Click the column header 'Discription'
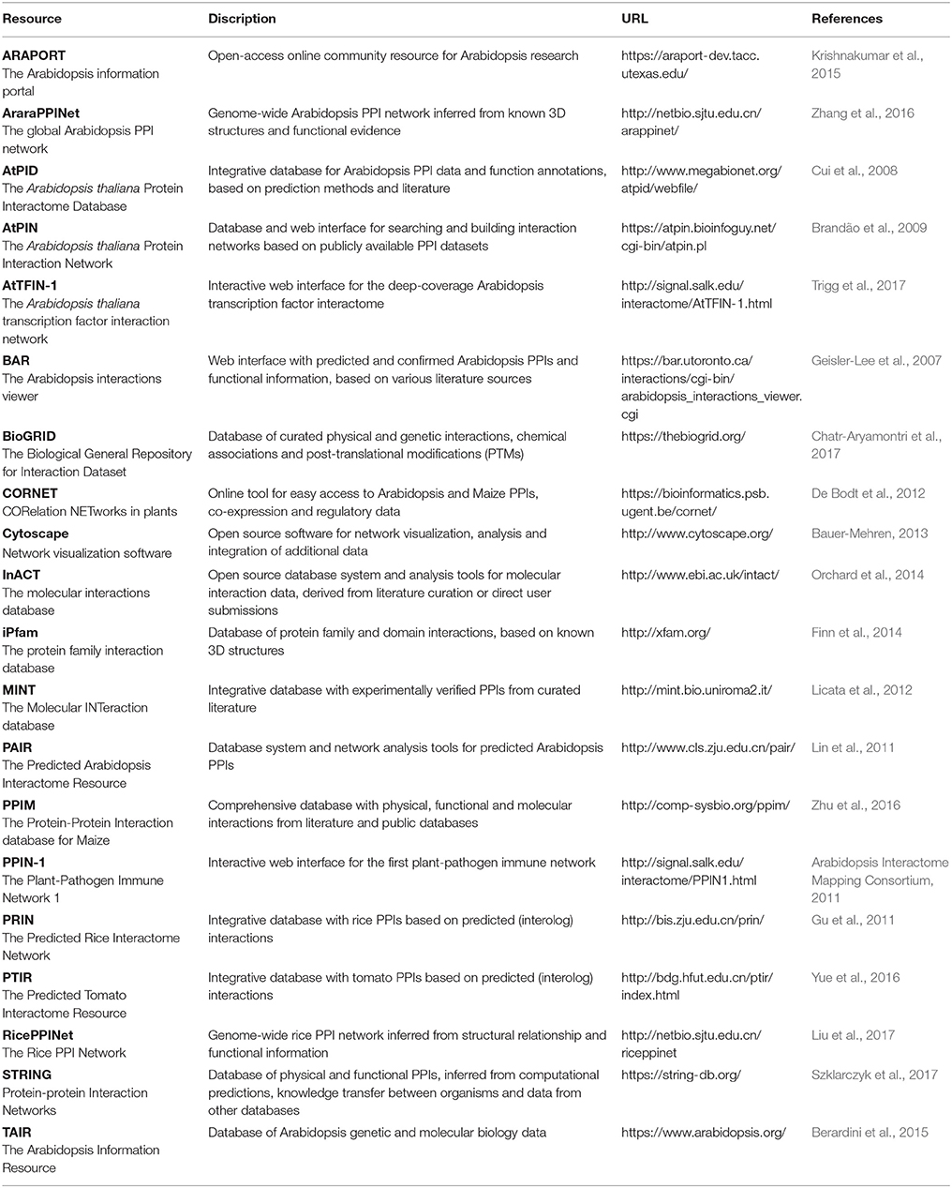click(242, 18)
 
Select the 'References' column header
click(846, 18)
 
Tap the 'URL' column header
click(634, 18)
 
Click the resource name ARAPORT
click(34, 55)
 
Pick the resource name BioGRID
click(29, 436)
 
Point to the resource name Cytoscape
click(36, 534)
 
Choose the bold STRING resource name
click(27, 1075)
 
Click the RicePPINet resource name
click(37, 1035)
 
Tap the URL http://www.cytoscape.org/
click(696, 534)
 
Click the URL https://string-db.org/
click(681, 1075)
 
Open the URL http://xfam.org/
click(665, 632)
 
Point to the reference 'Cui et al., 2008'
click(855, 171)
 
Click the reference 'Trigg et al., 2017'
click(858, 285)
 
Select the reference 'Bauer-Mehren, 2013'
click(870, 534)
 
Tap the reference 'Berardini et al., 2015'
click(870, 1132)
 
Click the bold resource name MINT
click(19, 690)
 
